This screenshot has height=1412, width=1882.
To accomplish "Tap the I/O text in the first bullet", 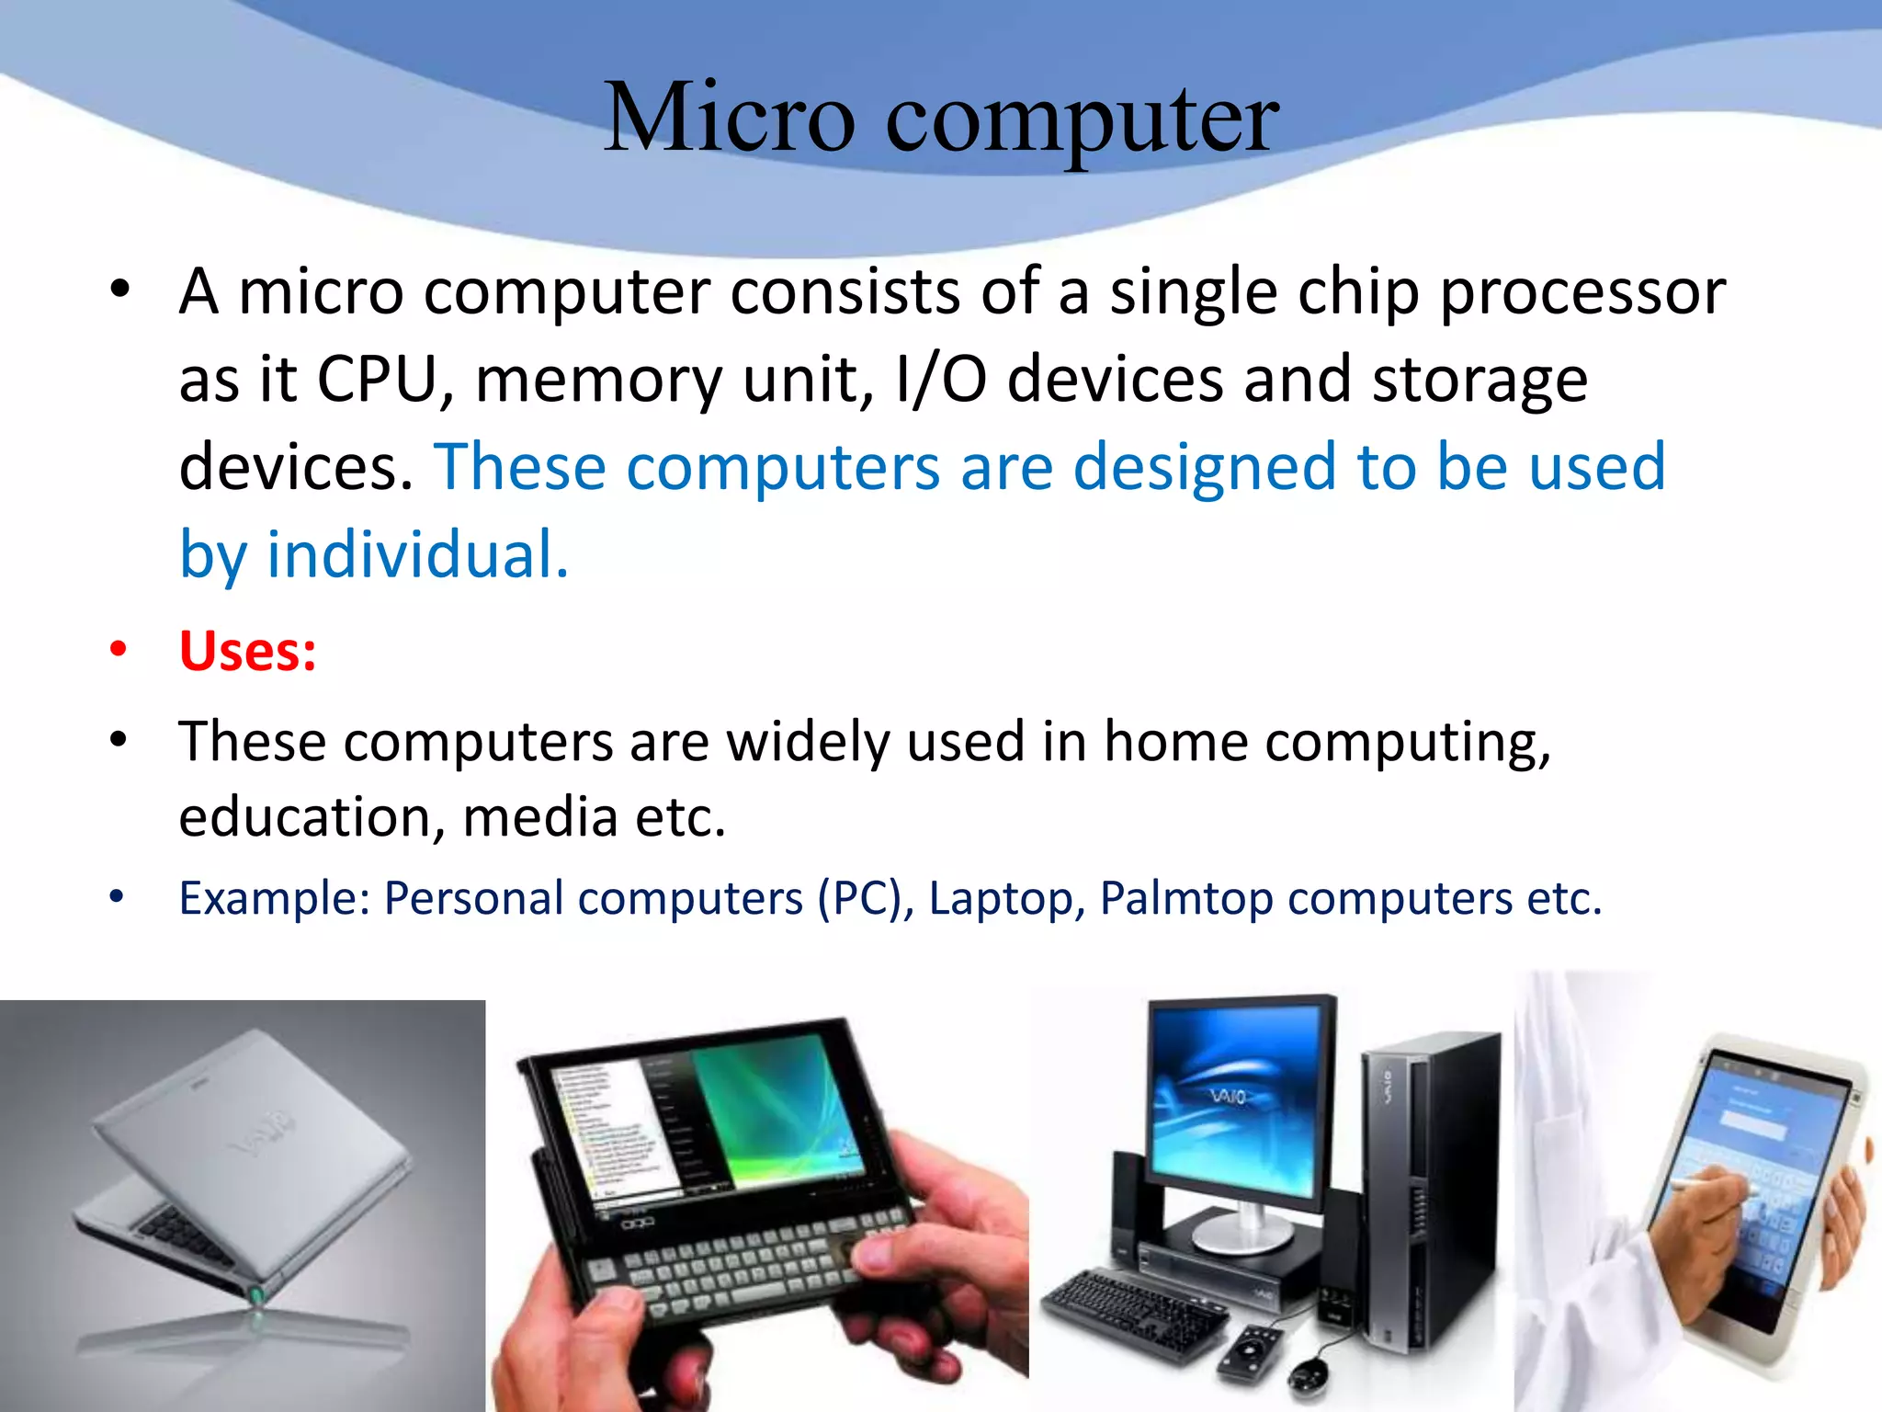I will tap(940, 379).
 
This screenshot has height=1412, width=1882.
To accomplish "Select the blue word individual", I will tap(417, 555).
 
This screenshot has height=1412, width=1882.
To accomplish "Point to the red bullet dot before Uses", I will tap(118, 649).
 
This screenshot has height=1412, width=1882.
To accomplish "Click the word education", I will tap(304, 816).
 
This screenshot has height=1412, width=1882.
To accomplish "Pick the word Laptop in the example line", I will tap(1000, 898).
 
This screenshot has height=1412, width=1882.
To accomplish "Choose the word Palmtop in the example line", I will tap(1185, 898).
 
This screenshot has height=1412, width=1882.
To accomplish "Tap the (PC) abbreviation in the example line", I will tap(859, 898).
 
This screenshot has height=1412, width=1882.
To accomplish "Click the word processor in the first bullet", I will tap(1582, 291).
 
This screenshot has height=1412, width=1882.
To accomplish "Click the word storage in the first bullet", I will tap(1480, 379).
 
